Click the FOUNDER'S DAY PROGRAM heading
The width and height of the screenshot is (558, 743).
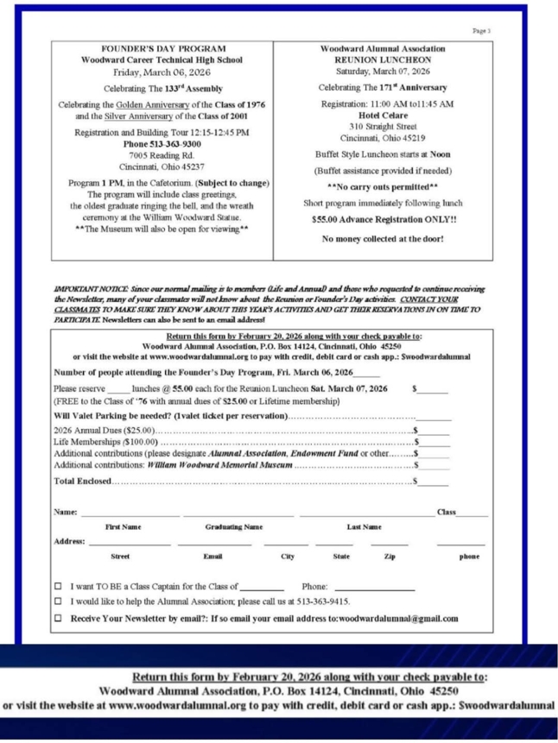point(164,48)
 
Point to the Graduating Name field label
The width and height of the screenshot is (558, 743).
point(233,526)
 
